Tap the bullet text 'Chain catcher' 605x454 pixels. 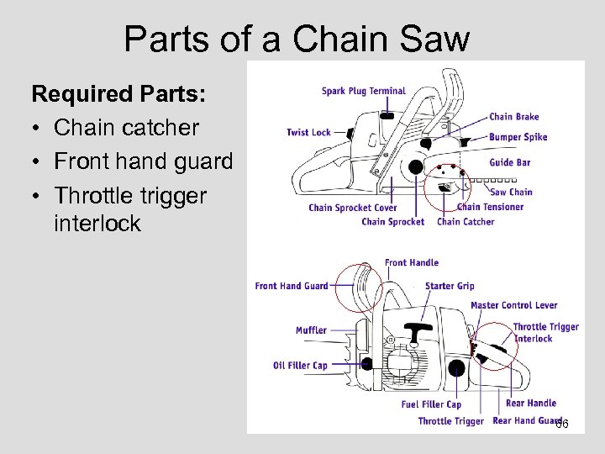tap(126, 128)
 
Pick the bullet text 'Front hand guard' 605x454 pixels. tap(143, 161)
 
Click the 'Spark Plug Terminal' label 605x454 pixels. tap(363, 91)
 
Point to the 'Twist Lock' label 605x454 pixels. tap(308, 132)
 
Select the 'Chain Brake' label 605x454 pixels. tap(513, 117)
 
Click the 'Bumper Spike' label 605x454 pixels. tap(518, 137)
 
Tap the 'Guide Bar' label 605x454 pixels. tap(509, 162)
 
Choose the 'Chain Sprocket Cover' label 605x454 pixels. tap(352, 208)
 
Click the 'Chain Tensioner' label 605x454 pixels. tap(490, 207)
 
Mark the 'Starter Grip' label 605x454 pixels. tap(450, 286)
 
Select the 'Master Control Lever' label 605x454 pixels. tap(513, 305)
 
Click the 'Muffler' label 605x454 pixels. tap(311, 330)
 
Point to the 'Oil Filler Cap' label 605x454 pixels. tap(300, 365)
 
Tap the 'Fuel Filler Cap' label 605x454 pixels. tap(431, 404)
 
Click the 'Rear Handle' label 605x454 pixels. tap(531, 403)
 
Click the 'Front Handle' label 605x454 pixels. tap(411, 263)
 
